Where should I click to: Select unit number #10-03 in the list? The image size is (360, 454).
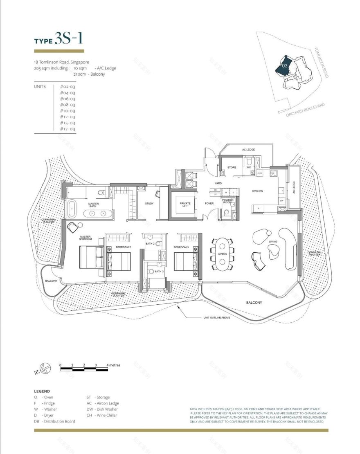pos(67,111)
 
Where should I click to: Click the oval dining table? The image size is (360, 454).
pos(223,254)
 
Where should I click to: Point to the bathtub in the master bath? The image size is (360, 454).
pos(73,208)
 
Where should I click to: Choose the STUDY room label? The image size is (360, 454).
pos(149,204)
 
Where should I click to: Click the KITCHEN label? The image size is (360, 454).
pos(257,191)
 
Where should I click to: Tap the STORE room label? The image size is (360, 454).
pos(232,167)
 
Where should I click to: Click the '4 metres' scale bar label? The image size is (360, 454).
pos(113,364)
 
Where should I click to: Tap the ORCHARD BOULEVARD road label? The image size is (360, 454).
pos(306,110)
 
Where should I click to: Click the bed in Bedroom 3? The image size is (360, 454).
pos(185,261)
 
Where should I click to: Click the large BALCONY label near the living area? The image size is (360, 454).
pos(254,303)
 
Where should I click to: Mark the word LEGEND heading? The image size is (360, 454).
pos(42,391)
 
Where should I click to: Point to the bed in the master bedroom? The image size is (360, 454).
pos(91,256)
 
